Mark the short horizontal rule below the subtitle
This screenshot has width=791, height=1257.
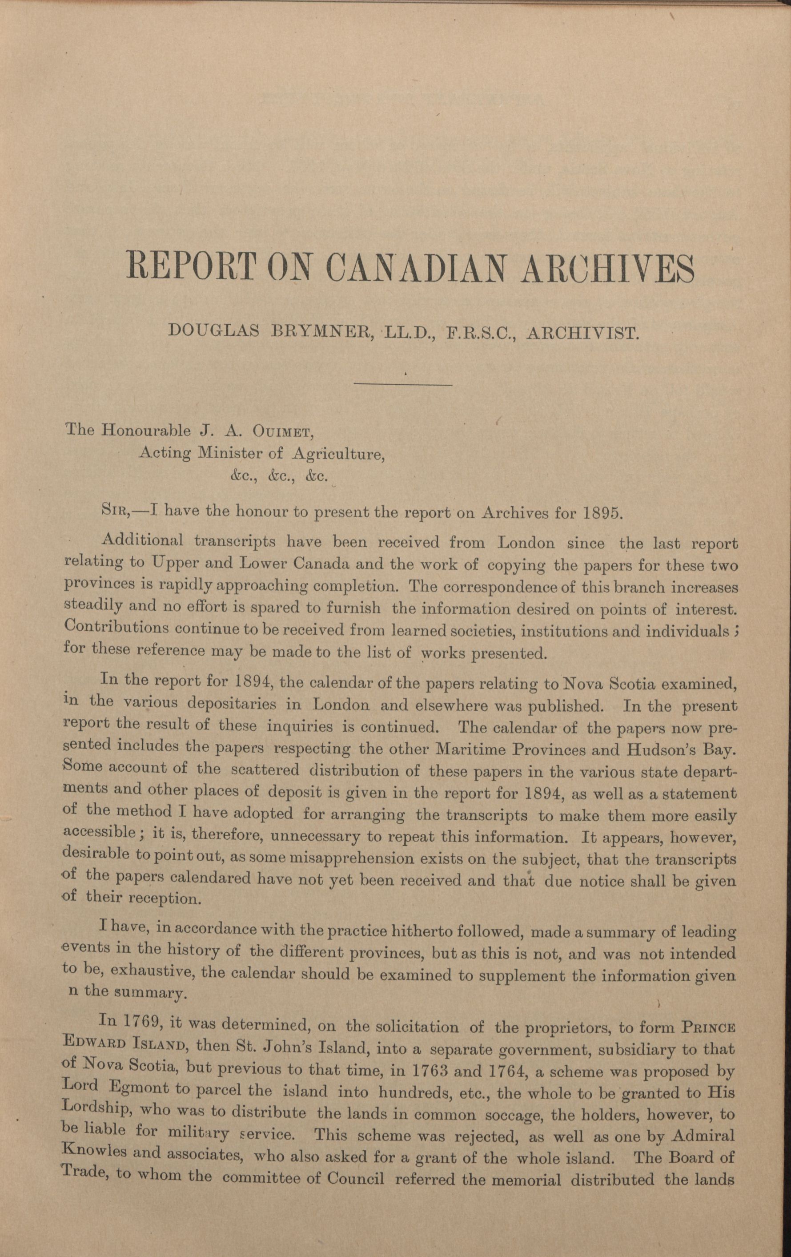[403, 385]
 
